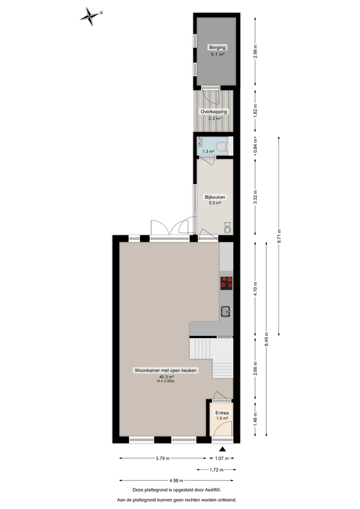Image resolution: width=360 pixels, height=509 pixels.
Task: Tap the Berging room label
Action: pyautogui.click(x=214, y=47)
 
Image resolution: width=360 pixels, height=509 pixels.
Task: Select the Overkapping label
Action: pyautogui.click(x=214, y=111)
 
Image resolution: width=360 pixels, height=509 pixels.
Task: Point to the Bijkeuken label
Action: pyautogui.click(x=215, y=196)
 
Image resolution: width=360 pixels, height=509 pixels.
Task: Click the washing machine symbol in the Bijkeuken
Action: pyautogui.click(x=227, y=227)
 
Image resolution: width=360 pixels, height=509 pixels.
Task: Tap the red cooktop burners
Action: pyautogui.click(x=226, y=282)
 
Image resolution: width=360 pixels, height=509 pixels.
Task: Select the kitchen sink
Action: pyautogui.click(x=226, y=311)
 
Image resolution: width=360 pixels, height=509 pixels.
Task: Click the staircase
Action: pyautogui.click(x=211, y=356)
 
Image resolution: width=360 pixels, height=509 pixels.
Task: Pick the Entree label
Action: pyautogui.click(x=222, y=413)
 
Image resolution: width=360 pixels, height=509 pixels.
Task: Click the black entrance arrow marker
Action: pyautogui.click(x=222, y=449)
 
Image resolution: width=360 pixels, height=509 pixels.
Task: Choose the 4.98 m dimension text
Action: pyautogui.click(x=176, y=480)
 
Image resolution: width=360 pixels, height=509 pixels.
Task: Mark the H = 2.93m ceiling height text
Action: pyautogui.click(x=165, y=381)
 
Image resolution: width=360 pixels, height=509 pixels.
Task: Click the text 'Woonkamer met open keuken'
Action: pyautogui.click(x=165, y=371)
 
